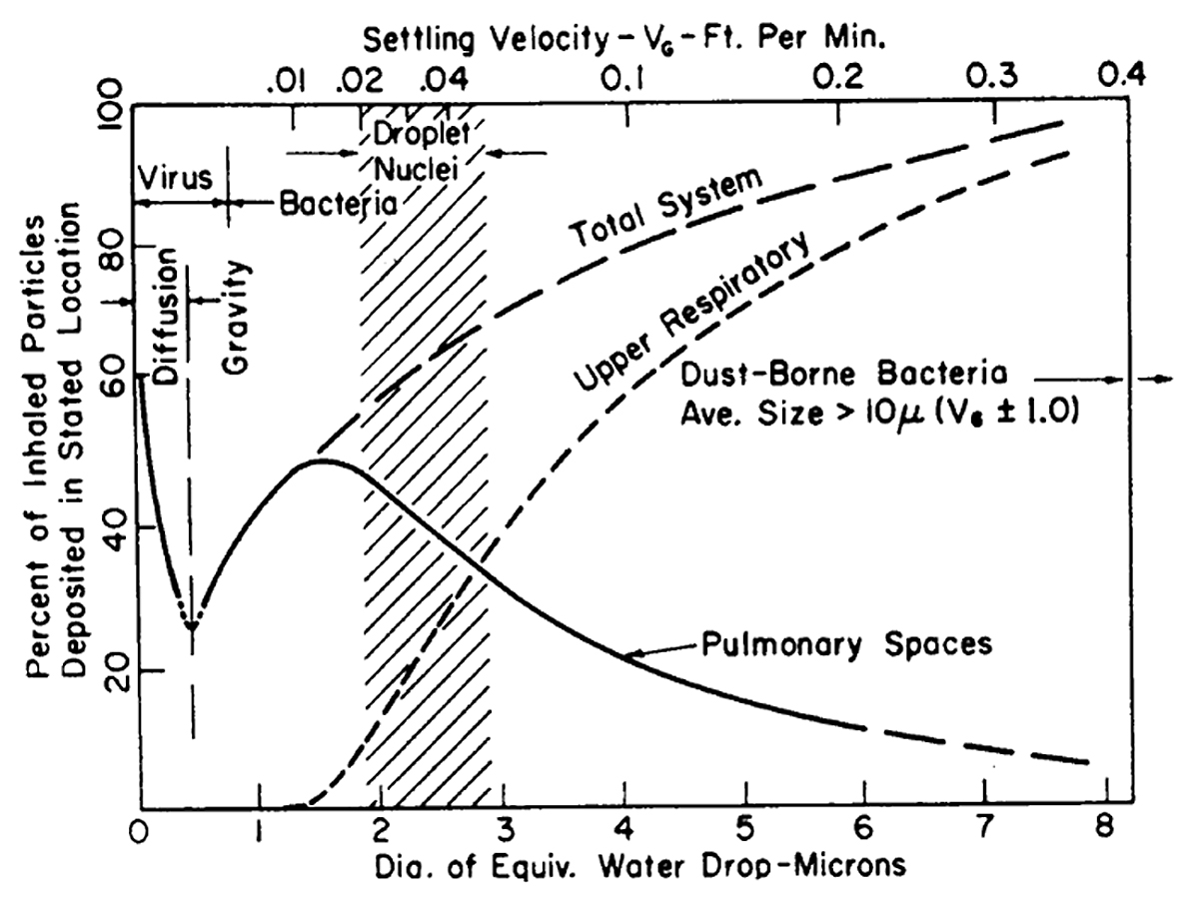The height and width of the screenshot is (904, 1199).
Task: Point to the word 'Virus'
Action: (x=174, y=179)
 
